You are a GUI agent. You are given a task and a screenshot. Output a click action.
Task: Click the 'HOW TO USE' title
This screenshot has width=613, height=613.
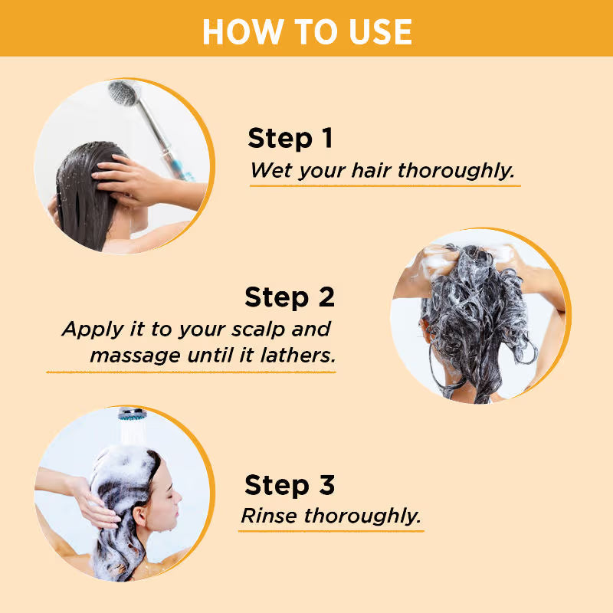306,31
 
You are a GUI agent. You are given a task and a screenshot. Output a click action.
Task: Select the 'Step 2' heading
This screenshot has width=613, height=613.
290,297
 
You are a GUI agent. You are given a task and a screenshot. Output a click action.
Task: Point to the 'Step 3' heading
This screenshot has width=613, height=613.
290,485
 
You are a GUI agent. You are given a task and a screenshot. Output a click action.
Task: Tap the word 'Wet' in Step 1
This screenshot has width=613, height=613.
269,170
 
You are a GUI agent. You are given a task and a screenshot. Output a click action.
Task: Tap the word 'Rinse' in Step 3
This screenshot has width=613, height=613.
269,516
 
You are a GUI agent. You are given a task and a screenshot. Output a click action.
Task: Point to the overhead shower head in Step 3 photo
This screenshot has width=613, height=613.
131,414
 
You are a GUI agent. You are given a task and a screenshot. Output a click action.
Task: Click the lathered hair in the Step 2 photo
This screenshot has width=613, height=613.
475,306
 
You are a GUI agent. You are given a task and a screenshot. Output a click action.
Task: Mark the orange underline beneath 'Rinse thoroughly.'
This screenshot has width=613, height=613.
331,530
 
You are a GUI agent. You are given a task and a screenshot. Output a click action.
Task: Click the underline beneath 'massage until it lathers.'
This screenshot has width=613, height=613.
192,372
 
